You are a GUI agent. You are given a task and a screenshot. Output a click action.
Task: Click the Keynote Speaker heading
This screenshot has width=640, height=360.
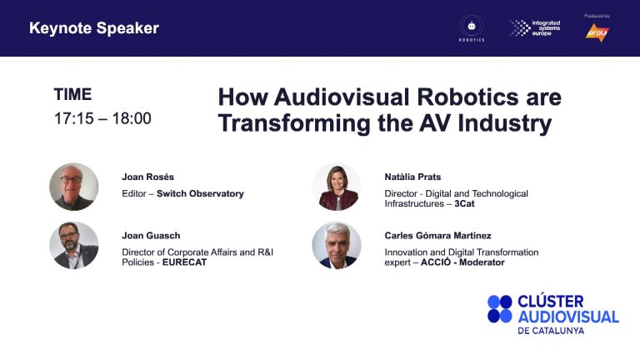pyautogui.click(x=94, y=28)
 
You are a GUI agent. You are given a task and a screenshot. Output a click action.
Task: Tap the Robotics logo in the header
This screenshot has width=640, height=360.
pyautogui.click(x=472, y=28)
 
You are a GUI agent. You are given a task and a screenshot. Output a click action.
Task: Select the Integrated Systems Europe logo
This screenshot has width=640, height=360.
pyautogui.click(x=535, y=27)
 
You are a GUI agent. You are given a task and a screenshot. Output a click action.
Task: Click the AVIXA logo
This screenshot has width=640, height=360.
pyautogui.click(x=597, y=32)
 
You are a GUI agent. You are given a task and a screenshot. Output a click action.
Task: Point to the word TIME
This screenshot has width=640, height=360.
pyautogui.click(x=72, y=94)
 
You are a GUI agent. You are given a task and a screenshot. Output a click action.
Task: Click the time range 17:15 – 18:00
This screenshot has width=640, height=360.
pyautogui.click(x=102, y=118)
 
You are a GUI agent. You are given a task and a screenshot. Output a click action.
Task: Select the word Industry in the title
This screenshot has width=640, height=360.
pyautogui.click(x=504, y=123)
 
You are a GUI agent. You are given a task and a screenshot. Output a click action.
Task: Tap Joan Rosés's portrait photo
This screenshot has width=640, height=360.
pyautogui.click(x=74, y=187)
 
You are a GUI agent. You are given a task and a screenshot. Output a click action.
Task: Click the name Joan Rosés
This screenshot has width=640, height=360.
pyautogui.click(x=147, y=177)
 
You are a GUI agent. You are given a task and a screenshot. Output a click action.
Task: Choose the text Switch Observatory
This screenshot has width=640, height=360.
pyautogui.click(x=200, y=193)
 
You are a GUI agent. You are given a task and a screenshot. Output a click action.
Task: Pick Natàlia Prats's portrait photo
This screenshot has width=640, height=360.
pyautogui.click(x=337, y=187)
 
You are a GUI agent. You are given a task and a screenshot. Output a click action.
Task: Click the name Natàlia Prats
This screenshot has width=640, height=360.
pyautogui.click(x=412, y=177)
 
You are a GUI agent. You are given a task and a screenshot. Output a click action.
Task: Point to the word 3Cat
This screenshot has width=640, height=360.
pyautogui.click(x=464, y=203)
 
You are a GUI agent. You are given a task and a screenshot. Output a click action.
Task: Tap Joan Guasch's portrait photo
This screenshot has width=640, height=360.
pyautogui.click(x=74, y=245)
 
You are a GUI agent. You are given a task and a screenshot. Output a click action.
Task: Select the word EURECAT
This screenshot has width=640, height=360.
pyautogui.click(x=184, y=262)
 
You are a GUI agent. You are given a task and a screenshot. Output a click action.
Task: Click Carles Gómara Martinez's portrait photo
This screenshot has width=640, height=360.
pyautogui.click(x=337, y=245)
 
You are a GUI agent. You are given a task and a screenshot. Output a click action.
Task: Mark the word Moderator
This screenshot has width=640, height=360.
pyautogui.click(x=482, y=262)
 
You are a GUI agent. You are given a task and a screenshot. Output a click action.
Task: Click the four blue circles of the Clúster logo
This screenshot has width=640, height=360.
pyautogui.click(x=500, y=308)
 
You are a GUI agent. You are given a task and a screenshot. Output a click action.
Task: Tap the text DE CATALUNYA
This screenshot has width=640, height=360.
pyautogui.click(x=551, y=331)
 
